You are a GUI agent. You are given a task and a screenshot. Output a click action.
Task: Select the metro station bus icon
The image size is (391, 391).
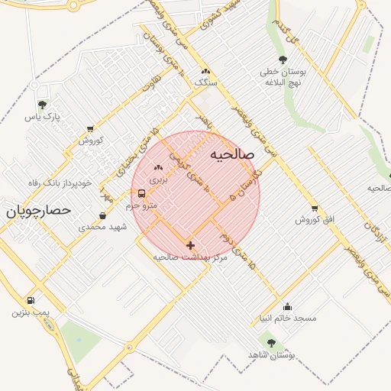[x=142, y=194]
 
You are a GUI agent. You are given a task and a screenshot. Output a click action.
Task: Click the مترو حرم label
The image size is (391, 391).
[x=142, y=206]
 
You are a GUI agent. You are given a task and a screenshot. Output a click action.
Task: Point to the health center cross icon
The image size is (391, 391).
[x=190, y=245]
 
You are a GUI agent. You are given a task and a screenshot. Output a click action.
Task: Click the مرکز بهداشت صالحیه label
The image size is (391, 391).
[x=190, y=257]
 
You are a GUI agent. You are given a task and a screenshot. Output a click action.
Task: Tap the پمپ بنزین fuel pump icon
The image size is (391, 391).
[x=31, y=300]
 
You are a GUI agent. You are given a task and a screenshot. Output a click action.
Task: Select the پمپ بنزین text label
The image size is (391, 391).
[x=31, y=312]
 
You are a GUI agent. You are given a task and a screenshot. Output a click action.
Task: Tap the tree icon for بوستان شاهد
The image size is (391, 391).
[x=271, y=344]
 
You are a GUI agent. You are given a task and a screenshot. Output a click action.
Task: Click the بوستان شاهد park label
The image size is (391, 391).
[x=271, y=356]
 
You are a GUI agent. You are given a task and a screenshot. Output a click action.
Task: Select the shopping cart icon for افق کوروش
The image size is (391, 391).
[x=315, y=208]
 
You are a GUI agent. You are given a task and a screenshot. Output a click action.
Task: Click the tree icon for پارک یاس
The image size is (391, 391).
[x=42, y=105]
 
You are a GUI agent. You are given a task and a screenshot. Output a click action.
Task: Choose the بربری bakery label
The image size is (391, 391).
[x=158, y=179]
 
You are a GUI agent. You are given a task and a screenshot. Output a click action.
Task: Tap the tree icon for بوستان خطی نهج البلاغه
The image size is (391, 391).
[x=283, y=60]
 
